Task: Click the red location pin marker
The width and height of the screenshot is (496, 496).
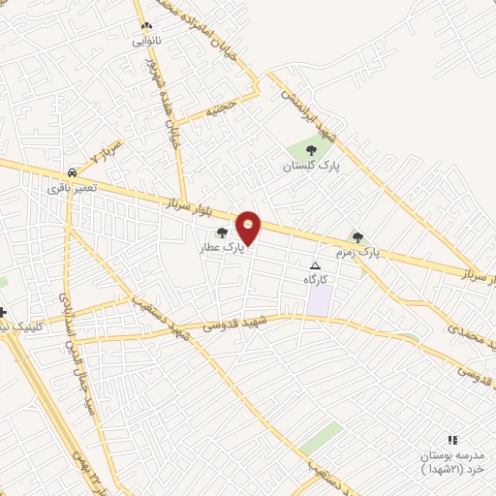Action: click(x=249, y=228)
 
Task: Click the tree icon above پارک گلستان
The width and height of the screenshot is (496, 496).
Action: click(x=311, y=150)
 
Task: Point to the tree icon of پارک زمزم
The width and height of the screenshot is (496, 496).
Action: click(x=357, y=236)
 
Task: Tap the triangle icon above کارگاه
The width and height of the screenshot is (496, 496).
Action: click(x=314, y=265)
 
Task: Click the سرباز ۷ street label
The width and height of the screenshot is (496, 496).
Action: click(x=106, y=153)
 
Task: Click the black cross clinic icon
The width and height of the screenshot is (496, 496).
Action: click(x=3, y=312)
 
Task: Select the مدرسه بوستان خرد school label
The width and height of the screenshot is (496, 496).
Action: click(x=449, y=461)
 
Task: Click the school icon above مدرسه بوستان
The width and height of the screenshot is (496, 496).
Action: click(x=451, y=440)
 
